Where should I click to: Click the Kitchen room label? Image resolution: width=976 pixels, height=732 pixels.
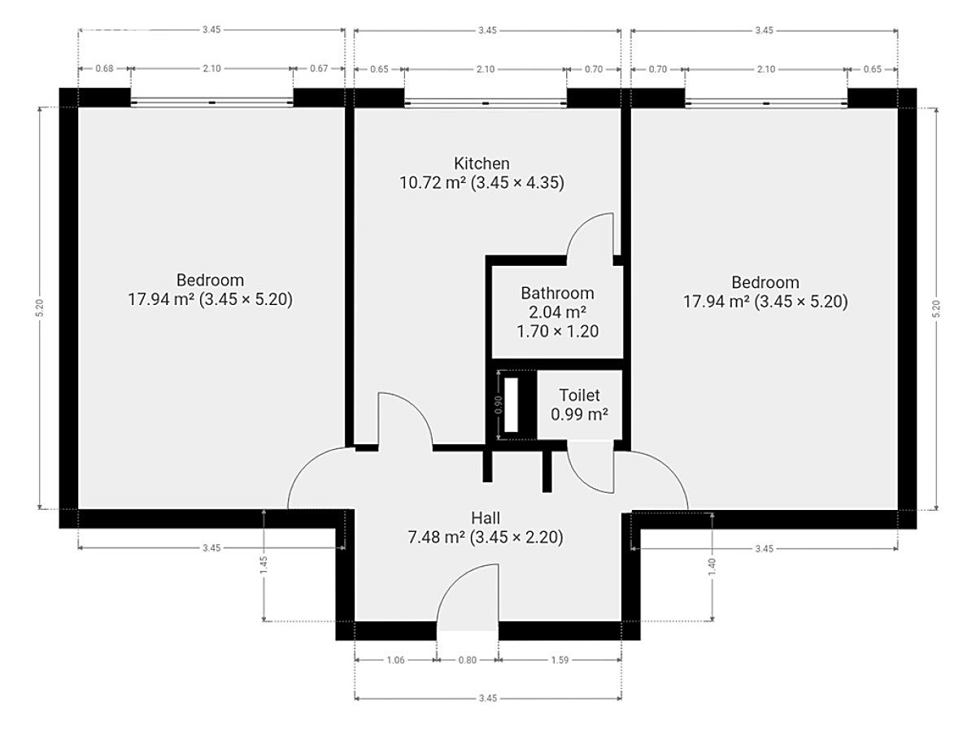[x=481, y=163]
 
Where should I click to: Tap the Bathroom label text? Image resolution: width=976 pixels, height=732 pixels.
[x=557, y=294]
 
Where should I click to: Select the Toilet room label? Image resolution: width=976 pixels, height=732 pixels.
[x=579, y=395]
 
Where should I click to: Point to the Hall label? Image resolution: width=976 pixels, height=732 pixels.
[x=486, y=518]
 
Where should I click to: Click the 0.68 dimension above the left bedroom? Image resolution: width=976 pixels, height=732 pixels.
[x=104, y=68]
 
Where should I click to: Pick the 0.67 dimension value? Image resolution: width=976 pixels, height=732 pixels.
[x=319, y=68]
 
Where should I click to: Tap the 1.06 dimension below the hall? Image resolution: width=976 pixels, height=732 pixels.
[x=395, y=660]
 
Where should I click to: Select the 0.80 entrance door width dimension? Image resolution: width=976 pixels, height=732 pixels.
[x=468, y=660]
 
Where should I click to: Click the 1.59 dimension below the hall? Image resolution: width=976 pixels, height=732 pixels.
[x=560, y=660]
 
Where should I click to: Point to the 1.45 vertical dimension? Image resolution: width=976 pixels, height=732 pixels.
[x=264, y=565]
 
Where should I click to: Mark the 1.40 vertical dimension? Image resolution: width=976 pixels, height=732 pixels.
[x=712, y=567]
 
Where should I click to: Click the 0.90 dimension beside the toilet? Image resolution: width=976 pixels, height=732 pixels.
[x=499, y=405]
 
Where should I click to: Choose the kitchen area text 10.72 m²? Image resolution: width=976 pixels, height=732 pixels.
[x=433, y=183]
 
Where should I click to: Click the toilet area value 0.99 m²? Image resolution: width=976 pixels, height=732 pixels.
[x=579, y=414]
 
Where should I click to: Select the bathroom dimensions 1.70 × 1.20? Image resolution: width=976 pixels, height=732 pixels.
[x=558, y=331]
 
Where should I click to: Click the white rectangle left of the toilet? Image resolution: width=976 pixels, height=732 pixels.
[x=511, y=404]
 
